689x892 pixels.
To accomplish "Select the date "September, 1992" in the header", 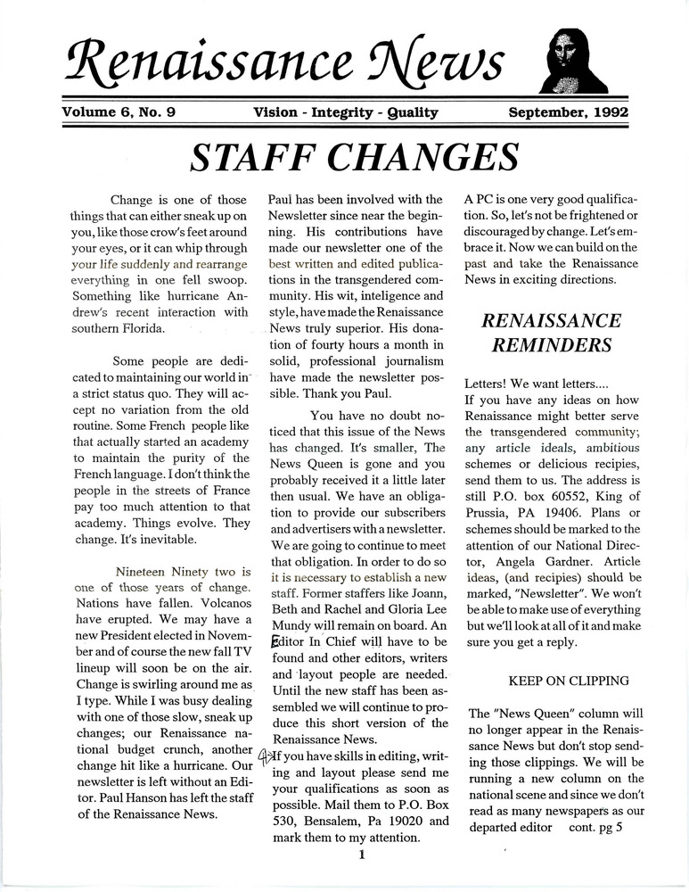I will pos(568,112).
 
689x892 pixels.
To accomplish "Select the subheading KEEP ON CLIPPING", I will pos(569,681).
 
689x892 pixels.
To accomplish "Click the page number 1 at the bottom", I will pos(362,855).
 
